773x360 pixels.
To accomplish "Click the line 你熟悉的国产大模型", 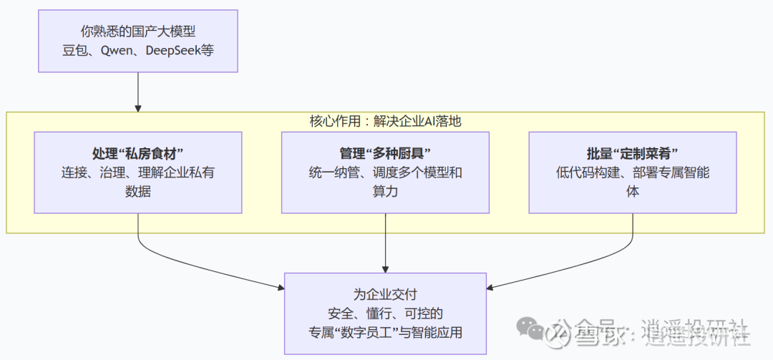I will [x=138, y=31].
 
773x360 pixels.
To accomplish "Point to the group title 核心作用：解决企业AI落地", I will [x=386, y=121].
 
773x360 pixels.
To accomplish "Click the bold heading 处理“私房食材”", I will [x=138, y=154].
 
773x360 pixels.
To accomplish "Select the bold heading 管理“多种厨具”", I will [x=386, y=154].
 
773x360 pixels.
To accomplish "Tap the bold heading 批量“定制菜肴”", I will [x=633, y=154].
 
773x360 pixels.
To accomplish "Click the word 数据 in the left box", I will [x=138, y=191].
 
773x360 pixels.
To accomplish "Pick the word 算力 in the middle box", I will [x=386, y=191].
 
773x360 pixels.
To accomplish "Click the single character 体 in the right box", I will [x=633, y=191].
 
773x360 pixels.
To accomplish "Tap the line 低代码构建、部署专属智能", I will [x=633, y=172].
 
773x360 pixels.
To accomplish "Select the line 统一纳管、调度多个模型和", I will [x=386, y=172].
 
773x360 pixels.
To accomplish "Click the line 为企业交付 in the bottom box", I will [x=386, y=294].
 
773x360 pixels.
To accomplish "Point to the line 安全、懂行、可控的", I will [x=386, y=313].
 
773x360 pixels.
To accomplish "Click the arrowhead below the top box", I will [x=138, y=107].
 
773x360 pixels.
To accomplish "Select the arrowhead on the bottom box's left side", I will [x=280, y=288].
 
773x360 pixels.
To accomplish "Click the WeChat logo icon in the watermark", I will [x=533, y=331].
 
